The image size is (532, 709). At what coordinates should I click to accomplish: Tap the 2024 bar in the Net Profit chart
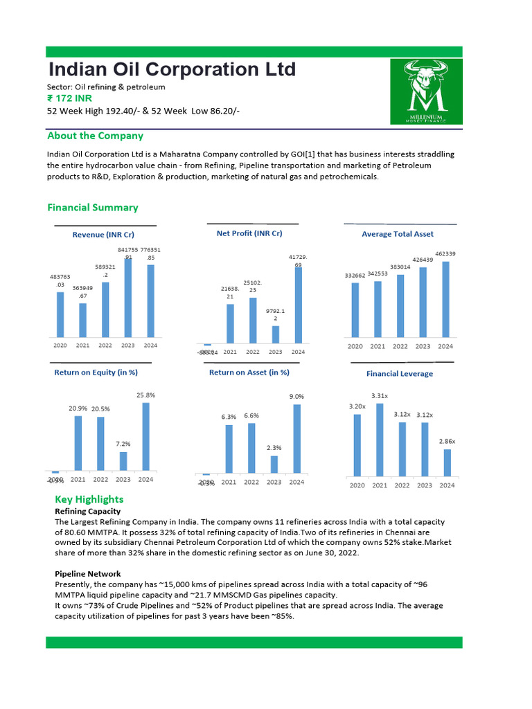tap(298, 305)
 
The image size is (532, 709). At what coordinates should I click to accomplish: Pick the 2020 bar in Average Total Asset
tap(355, 311)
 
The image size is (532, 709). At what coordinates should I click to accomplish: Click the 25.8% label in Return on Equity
tap(145, 395)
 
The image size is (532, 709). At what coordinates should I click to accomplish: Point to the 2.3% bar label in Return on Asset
tap(274, 448)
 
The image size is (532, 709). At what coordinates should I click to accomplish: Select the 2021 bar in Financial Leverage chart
tap(379, 440)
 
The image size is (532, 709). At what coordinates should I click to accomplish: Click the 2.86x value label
tap(447, 441)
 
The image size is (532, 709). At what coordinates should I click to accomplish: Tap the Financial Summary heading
tap(92, 208)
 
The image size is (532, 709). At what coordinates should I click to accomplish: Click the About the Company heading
tap(95, 136)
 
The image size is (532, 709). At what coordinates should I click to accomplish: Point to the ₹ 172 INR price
tap(68, 99)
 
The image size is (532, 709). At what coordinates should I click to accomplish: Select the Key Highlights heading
tap(89, 499)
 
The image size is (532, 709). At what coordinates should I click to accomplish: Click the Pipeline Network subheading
tap(87, 574)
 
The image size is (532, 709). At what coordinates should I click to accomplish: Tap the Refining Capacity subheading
tap(88, 511)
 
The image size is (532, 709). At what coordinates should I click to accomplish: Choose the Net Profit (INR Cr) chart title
tap(249, 233)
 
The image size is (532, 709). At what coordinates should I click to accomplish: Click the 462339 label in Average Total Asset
tap(445, 254)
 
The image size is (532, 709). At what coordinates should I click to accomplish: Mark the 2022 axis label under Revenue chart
tap(105, 345)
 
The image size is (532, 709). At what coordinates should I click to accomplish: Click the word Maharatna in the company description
tap(188, 154)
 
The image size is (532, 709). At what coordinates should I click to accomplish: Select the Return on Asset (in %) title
tap(249, 373)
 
